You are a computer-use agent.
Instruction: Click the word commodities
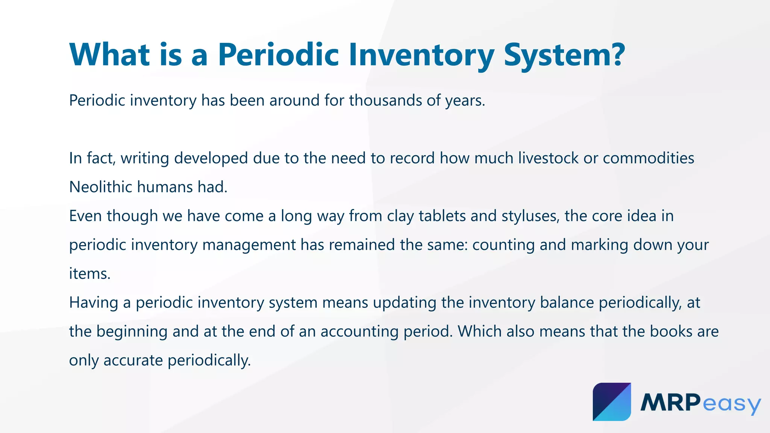click(648, 158)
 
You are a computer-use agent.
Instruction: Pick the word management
click(249, 245)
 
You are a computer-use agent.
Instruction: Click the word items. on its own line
click(89, 273)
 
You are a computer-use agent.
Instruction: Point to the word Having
click(93, 303)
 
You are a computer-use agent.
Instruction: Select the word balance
click(567, 303)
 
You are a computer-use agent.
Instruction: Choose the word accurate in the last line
click(133, 360)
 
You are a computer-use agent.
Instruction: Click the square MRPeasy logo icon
click(612, 402)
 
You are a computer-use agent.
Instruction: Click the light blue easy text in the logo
click(731, 404)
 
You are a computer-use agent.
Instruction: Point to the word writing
click(145, 158)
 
